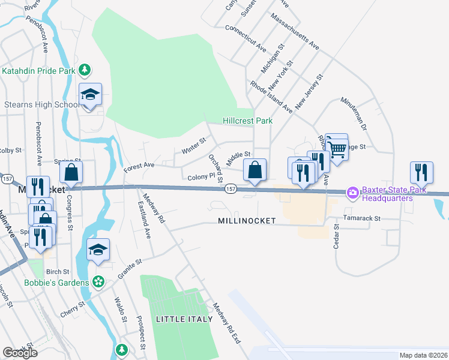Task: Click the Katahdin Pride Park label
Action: pyautogui.click(x=39, y=71)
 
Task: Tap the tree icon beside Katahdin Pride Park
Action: pyautogui.click(x=85, y=70)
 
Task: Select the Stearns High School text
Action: pyautogui.click(x=41, y=105)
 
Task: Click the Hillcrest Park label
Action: pyautogui.click(x=247, y=121)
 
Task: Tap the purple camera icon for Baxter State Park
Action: pyautogui.click(x=353, y=193)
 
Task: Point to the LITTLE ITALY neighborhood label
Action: pyautogui.click(x=184, y=319)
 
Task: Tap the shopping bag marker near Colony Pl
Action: pyautogui.click(x=255, y=170)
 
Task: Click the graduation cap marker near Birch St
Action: pyautogui.click(x=98, y=249)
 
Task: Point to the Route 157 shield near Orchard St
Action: pyautogui.click(x=230, y=189)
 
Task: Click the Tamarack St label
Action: pyautogui.click(x=361, y=219)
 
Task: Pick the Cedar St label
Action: pyautogui.click(x=336, y=236)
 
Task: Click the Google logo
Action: pyautogui.click(x=20, y=353)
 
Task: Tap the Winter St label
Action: pyautogui.click(x=194, y=145)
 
